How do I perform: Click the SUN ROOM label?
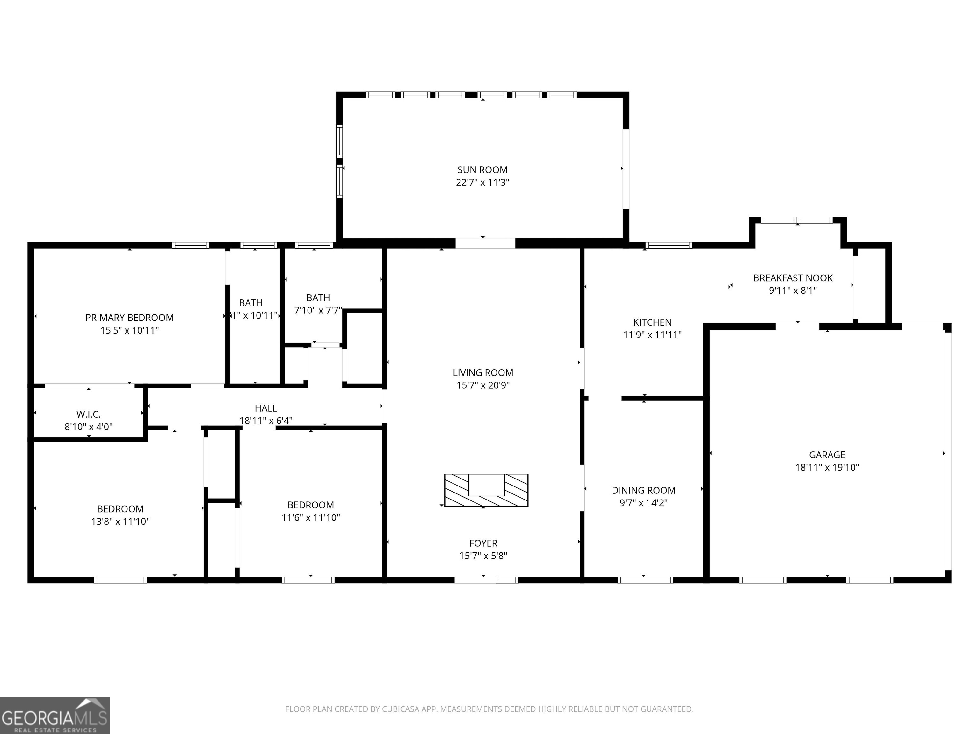[x=482, y=170]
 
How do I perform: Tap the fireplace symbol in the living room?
[x=486, y=490]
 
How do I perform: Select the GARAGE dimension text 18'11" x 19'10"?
[x=827, y=467]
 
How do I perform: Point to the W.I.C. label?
[x=89, y=414]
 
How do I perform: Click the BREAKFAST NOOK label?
[x=793, y=278]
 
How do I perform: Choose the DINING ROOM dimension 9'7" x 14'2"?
[x=643, y=503]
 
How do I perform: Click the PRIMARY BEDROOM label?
[x=129, y=318]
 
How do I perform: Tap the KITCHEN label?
[x=652, y=322]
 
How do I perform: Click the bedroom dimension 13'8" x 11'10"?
[x=120, y=521]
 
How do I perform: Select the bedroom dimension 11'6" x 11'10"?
[x=311, y=517]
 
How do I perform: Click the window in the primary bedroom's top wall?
[x=190, y=245]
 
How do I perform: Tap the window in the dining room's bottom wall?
[x=645, y=579]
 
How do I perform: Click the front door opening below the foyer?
[x=475, y=579]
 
